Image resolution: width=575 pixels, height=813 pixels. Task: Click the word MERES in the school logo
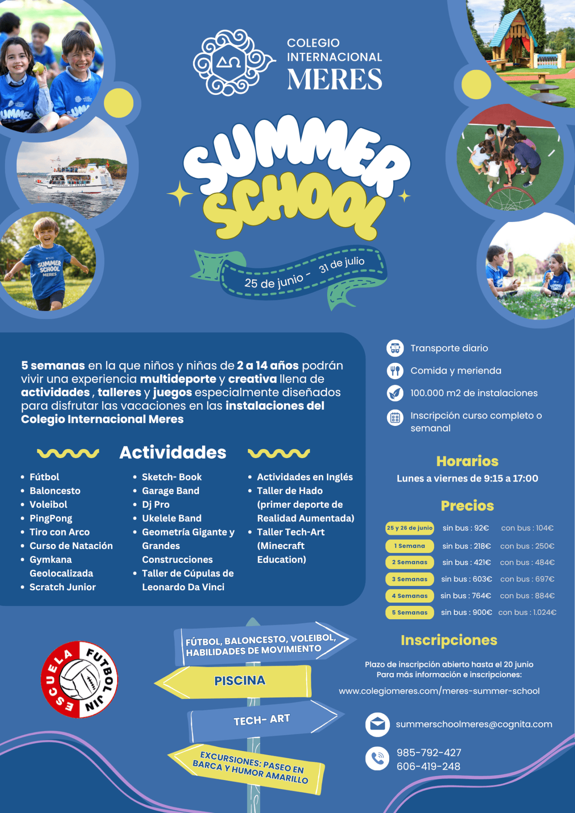click(x=334, y=79)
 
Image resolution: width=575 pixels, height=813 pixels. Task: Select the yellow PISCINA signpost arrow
click(x=239, y=681)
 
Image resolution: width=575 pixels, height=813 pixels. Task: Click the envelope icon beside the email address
click(x=377, y=724)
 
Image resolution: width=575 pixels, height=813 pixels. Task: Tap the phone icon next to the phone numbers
click(x=377, y=759)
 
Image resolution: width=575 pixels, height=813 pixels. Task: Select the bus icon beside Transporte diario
click(x=395, y=348)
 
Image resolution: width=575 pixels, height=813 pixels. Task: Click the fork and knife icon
click(x=395, y=371)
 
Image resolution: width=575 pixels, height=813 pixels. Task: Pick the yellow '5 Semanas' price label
click(x=409, y=613)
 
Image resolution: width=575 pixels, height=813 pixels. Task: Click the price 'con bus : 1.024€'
click(x=527, y=613)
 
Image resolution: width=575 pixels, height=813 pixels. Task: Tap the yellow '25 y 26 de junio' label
click(x=409, y=528)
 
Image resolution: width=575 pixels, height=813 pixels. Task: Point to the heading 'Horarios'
click(x=467, y=461)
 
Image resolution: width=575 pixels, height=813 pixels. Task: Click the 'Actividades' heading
click(x=173, y=453)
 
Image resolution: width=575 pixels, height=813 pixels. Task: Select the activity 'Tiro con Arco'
click(x=60, y=532)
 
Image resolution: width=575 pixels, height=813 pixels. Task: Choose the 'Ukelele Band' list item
click(x=172, y=518)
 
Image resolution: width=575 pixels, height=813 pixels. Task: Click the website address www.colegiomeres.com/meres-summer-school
click(x=439, y=691)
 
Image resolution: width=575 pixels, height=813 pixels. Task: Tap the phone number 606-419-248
click(x=428, y=767)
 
